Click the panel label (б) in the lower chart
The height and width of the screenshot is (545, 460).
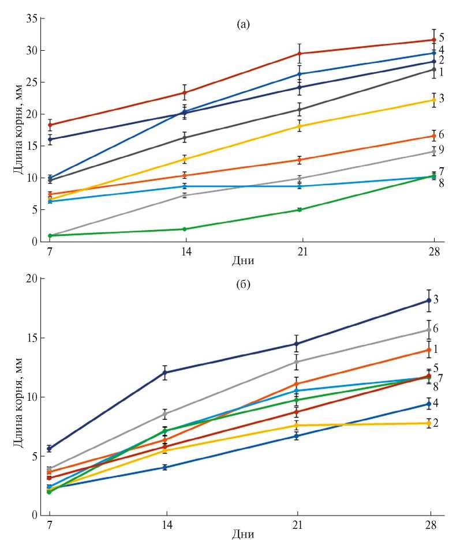(243, 284)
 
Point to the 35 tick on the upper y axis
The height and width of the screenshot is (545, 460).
(32, 19)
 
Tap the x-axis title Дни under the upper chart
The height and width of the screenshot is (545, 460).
(243, 260)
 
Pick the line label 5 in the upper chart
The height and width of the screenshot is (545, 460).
(441, 36)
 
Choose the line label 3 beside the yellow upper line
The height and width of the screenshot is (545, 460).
(441, 99)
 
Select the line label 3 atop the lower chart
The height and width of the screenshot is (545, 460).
(436, 299)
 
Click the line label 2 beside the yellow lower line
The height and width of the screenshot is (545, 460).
(436, 423)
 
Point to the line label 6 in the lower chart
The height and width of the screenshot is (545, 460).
(436, 328)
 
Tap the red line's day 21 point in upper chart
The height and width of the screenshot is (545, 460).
(300, 54)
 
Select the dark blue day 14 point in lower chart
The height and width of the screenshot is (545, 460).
(167, 373)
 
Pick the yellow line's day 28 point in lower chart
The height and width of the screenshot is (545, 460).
(429, 423)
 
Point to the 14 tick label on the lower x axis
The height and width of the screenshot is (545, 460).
(167, 525)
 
